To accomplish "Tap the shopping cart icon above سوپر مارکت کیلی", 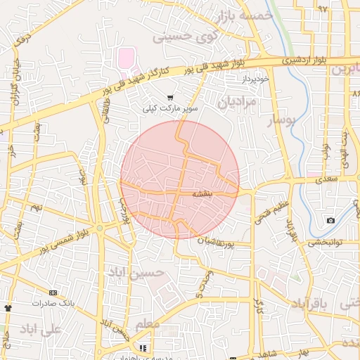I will pos(170,98).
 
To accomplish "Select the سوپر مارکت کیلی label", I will pos(171,109).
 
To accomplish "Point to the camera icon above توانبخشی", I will pos(330,221).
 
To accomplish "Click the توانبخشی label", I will pos(326,243).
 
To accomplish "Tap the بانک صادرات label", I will pos(52,303).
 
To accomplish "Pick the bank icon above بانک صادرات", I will pos(53,292).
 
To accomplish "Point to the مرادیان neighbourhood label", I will pos(238,102).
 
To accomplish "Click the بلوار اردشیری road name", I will pos(303,60).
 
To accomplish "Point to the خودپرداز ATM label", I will pos(256,79).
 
